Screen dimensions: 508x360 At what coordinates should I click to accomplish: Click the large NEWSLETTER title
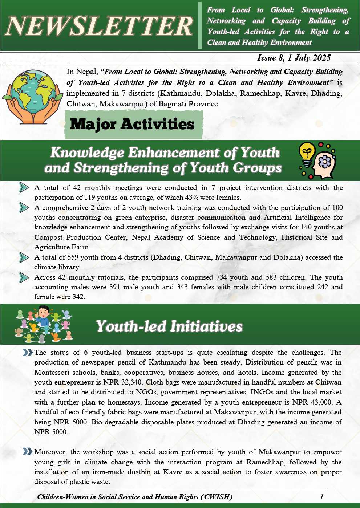pos(99,26)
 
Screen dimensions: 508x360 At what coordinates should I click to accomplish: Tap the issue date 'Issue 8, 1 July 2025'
pos(294,58)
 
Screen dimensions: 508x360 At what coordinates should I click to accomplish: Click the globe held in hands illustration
pos(33,96)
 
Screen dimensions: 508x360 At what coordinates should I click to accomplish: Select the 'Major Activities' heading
pos(133,125)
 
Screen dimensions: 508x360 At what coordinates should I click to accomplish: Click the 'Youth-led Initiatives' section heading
pos(169,326)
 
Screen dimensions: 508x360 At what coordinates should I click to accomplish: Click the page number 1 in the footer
pos(321,497)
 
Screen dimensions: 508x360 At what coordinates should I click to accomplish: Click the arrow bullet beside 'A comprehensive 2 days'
pos(24,208)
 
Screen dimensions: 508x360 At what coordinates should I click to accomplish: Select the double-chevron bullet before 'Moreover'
pos(28,452)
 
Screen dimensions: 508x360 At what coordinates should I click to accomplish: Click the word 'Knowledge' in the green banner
pos(87,153)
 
